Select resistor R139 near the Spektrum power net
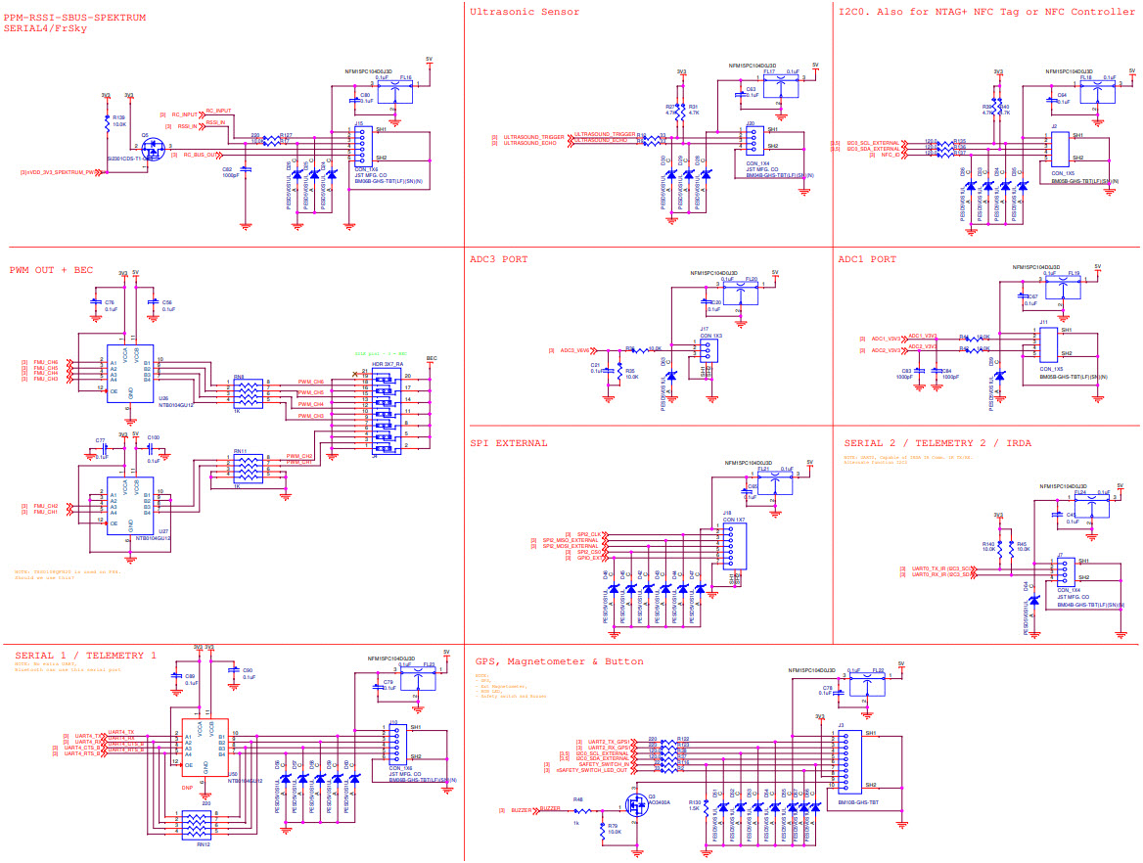pos(108,123)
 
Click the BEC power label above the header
pos(431,358)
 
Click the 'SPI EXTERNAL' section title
pos(508,442)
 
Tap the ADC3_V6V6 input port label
pos(572,349)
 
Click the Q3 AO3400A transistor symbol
pos(634,805)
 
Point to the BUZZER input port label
pos(549,809)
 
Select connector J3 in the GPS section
pos(841,757)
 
